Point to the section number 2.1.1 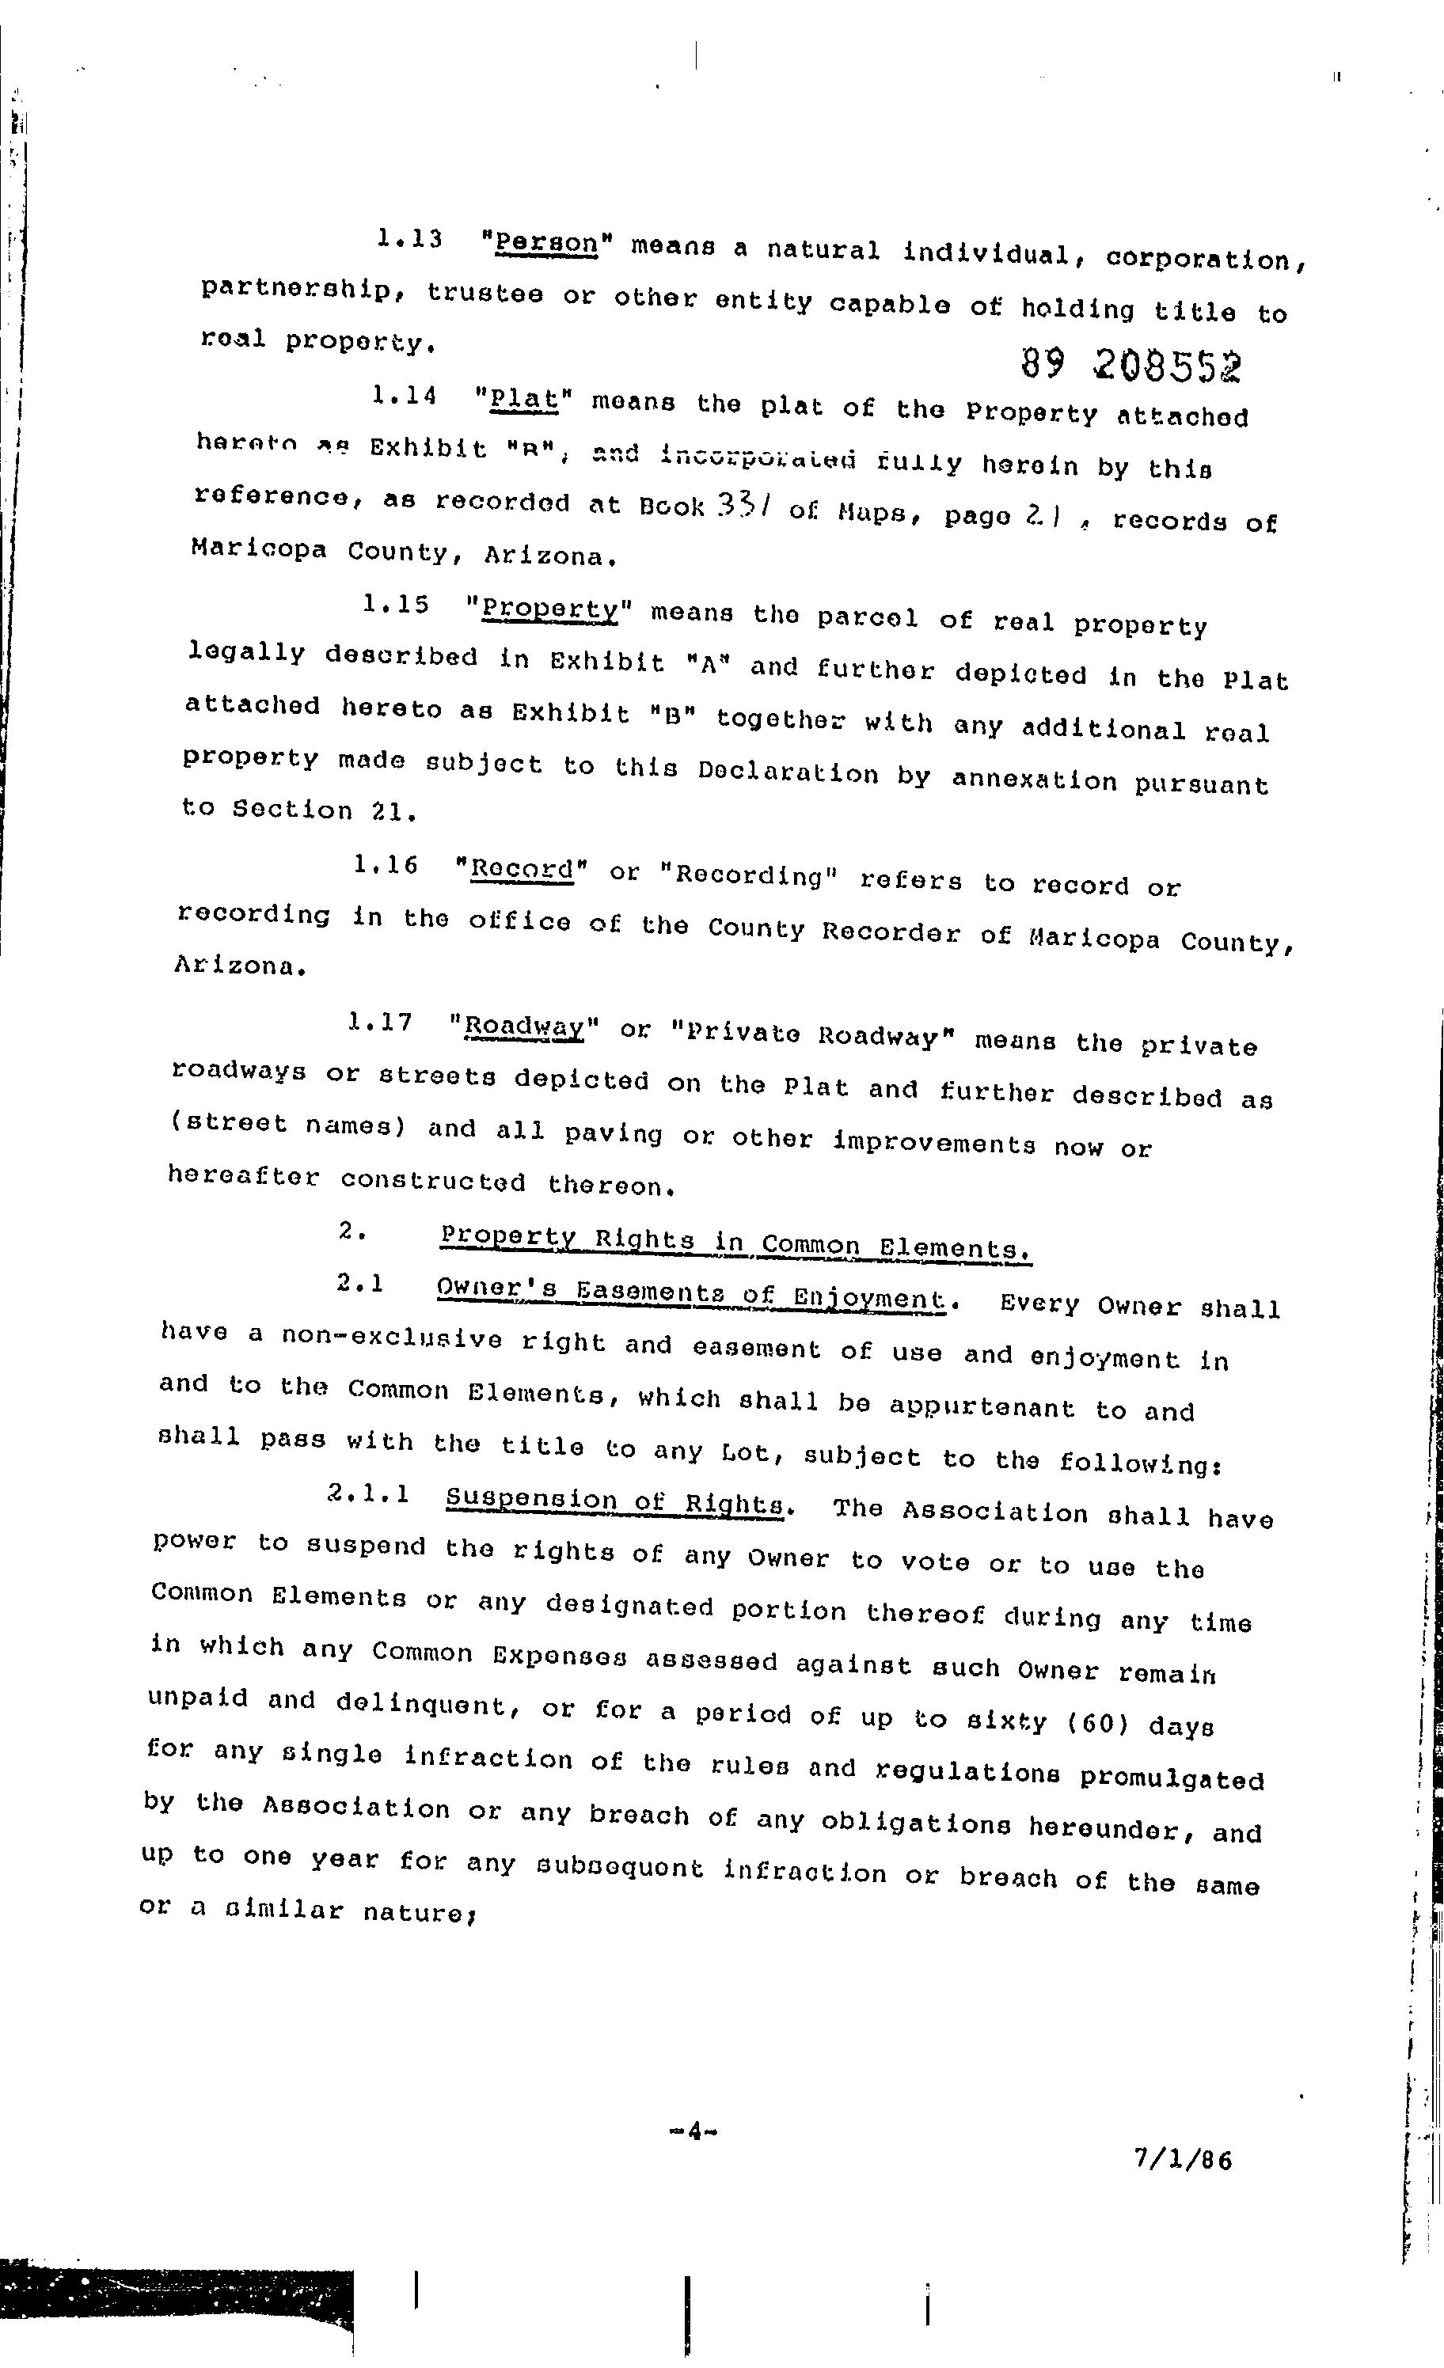[368, 1493]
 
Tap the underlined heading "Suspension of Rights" [615, 1501]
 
